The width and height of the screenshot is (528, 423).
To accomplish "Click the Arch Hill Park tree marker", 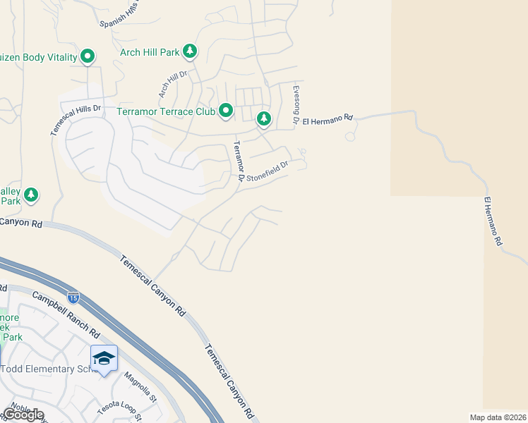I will [x=189, y=51].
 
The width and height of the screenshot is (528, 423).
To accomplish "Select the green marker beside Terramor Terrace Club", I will [x=226, y=111].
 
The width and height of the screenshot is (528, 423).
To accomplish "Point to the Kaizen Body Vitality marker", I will [x=88, y=56].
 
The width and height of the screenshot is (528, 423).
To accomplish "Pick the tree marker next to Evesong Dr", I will [x=264, y=118].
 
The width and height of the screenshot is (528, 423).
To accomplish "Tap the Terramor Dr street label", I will [x=239, y=161].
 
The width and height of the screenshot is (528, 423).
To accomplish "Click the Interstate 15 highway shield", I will [x=73, y=298].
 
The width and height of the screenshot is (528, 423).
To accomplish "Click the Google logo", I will [x=23, y=414].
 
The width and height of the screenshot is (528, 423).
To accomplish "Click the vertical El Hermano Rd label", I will [x=493, y=221].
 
